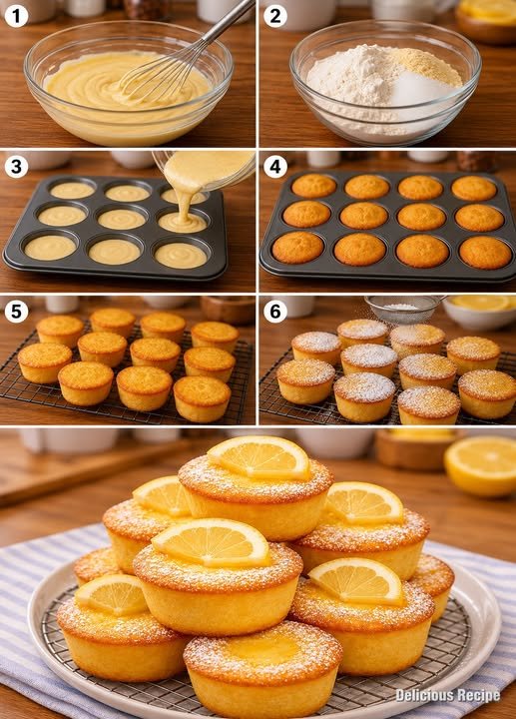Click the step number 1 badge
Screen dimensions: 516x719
coord(16,17)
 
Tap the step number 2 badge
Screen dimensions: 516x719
coord(275,17)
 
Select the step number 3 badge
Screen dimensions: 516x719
coord(16,167)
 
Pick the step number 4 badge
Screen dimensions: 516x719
coord(275,167)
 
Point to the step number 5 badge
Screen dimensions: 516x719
coord(16,312)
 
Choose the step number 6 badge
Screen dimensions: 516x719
coord(275,312)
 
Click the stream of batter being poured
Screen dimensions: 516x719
coord(185,204)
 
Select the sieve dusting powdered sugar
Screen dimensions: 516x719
coord(404,308)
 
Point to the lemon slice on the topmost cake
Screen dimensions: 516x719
coord(259,456)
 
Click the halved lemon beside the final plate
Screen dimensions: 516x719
coord(480,466)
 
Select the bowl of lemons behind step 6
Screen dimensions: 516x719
coord(479,312)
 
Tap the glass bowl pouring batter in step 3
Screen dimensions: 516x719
coord(205,171)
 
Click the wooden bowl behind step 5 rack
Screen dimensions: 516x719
coord(228,309)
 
